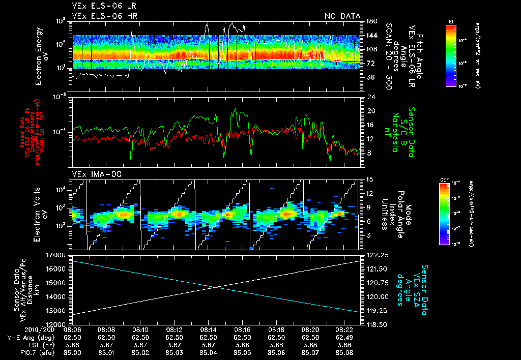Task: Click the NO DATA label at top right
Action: click(x=342, y=16)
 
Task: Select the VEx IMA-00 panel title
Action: click(x=91, y=174)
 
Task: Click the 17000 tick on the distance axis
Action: click(x=57, y=255)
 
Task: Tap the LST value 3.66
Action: click(x=72, y=344)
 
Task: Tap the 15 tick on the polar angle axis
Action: click(x=369, y=179)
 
